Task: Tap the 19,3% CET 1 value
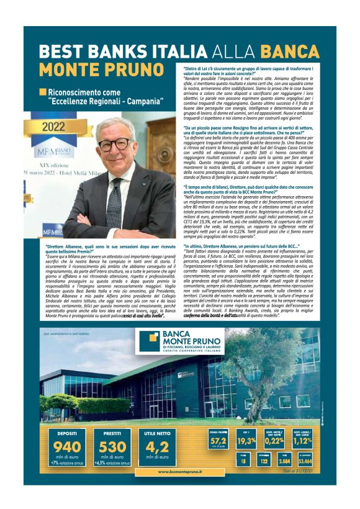246,440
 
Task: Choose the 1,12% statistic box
305,440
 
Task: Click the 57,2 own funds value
218,440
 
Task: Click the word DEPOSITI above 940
67,433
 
